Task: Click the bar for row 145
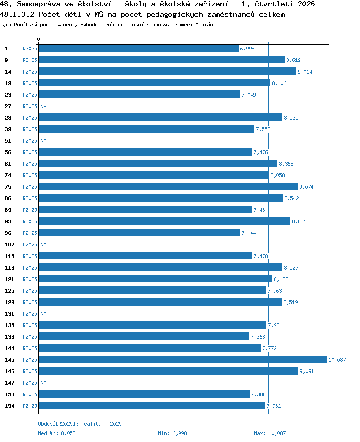point(183,359)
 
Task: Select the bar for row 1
point(139,48)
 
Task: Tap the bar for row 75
point(168,186)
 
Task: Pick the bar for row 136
point(144,336)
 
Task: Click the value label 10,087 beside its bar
point(337,360)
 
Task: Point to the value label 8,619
point(293,60)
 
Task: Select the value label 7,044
point(249,233)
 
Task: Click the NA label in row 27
point(43,106)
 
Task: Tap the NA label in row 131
point(43,314)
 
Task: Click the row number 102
point(10,245)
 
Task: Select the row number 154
point(10,406)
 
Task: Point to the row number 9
point(6,60)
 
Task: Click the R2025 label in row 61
point(30,164)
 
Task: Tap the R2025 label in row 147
point(30,383)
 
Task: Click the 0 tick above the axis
point(38,39)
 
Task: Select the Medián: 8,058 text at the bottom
point(57,433)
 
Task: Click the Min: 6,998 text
point(172,433)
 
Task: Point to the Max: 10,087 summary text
point(270,433)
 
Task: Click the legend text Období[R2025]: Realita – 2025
point(80,424)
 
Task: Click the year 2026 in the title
point(306,4)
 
